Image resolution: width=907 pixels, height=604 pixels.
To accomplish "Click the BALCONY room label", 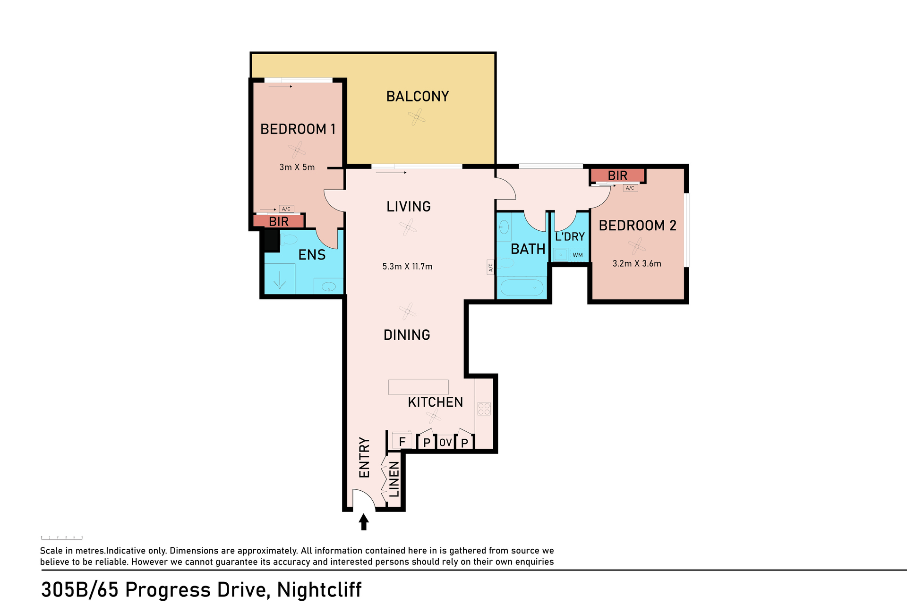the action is point(418,96).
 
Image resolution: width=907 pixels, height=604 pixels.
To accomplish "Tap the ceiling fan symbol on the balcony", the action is point(417,117).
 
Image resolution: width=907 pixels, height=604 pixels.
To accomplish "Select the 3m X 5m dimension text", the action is point(297,167).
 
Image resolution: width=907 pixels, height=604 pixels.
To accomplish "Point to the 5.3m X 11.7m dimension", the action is point(407,267).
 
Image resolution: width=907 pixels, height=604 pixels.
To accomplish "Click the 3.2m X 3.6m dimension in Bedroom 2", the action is point(637,264).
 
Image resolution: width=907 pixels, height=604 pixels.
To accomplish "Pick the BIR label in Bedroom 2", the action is point(617,176).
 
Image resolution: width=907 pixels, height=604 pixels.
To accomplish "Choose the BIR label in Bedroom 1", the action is point(279,221).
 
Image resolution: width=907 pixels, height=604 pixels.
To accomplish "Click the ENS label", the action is point(312,255).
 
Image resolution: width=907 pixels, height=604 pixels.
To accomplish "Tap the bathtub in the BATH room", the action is point(522,287).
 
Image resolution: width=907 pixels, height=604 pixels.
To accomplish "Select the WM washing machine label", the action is point(578,255).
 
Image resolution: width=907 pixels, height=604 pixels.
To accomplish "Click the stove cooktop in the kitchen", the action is point(484,409).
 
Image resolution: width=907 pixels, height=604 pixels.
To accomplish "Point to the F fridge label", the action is point(402,442).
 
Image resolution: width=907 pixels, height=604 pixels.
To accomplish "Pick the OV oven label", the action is point(445,443).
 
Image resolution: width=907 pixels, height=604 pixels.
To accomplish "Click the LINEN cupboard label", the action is point(394,479).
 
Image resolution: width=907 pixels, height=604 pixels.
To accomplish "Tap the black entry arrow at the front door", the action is point(364,522).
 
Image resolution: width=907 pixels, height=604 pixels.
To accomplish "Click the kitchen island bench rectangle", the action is point(418,387).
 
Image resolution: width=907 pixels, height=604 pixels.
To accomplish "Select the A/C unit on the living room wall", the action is point(490,267).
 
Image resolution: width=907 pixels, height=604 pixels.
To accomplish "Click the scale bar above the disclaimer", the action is point(62,537).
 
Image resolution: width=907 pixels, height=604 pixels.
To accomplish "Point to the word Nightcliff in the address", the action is point(319,590).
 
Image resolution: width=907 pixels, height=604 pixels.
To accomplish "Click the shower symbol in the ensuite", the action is point(280,279).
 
